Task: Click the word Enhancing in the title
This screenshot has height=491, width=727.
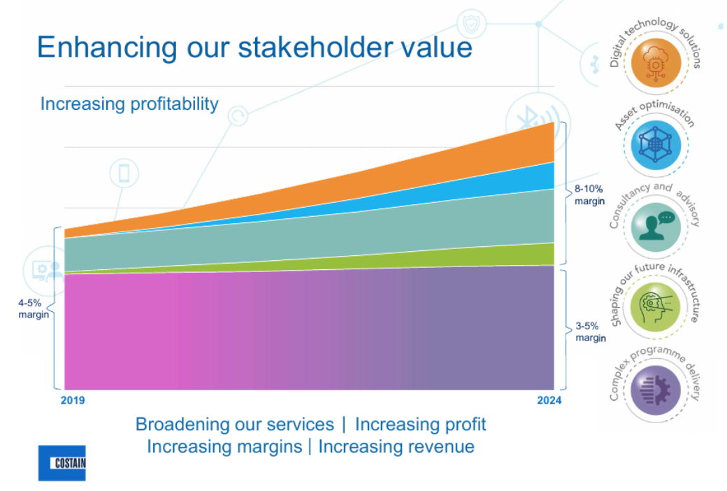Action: (107, 48)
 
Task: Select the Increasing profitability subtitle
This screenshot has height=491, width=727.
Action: (129, 104)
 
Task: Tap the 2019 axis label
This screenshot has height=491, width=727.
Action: (73, 401)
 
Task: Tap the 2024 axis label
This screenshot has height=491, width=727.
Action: (549, 401)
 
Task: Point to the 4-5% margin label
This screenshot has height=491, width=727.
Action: (34, 308)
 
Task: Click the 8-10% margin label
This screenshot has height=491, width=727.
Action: (589, 195)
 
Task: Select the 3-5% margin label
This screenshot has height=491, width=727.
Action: (590, 332)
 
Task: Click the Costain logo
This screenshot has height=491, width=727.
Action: (62, 463)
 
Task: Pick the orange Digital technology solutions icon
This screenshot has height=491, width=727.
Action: (656, 63)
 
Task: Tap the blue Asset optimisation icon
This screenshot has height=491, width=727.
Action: (656, 145)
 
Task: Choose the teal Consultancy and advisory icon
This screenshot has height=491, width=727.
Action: (656, 227)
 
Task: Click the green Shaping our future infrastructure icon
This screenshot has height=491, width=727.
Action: (656, 307)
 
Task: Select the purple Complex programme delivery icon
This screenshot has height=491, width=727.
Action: (656, 390)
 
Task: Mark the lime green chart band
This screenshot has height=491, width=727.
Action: (463, 258)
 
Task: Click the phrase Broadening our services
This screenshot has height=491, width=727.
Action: (235, 425)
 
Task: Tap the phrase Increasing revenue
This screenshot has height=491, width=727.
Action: (396, 447)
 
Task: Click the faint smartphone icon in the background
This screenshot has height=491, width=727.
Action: (124, 173)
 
